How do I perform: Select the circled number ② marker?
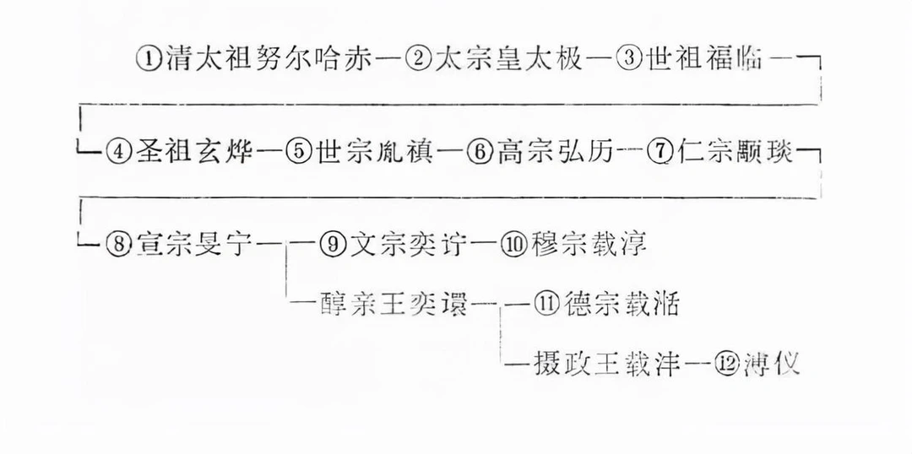[x=419, y=60]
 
